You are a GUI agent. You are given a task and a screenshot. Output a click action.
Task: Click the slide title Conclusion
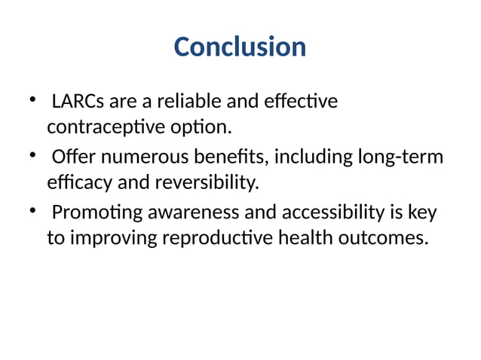240,47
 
